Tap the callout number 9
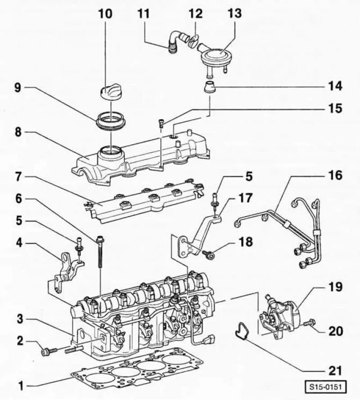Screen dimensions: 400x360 pyautogui.click(x=18, y=88)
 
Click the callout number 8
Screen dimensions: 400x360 pyautogui.click(x=18, y=132)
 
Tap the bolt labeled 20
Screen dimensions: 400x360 pyautogui.click(x=310, y=323)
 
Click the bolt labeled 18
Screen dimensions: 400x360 pyautogui.click(x=208, y=255)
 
